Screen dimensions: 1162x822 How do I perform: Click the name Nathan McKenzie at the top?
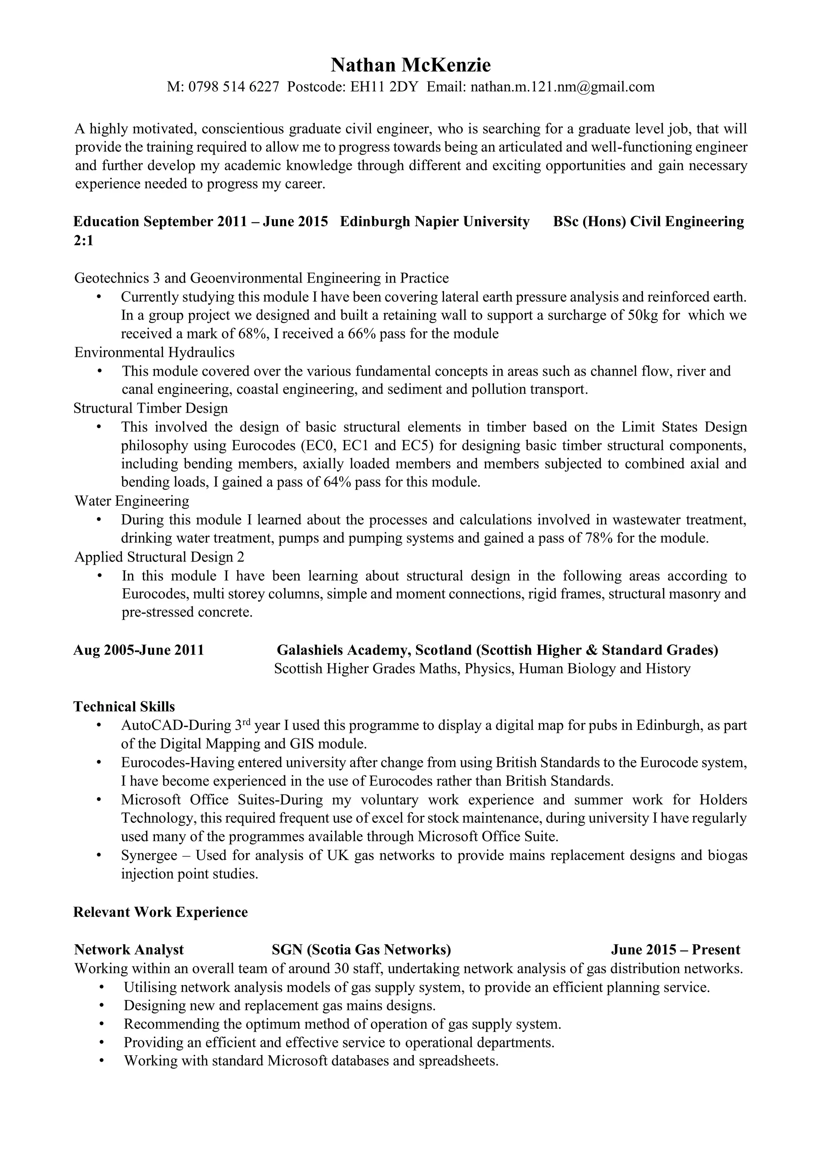click(x=411, y=65)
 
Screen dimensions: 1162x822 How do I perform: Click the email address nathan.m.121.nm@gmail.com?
click(x=562, y=87)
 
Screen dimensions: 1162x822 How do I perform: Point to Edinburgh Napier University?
click(x=434, y=222)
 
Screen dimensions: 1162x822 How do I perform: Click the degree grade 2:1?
click(x=83, y=240)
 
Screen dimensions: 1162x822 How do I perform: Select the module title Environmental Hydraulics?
click(x=155, y=352)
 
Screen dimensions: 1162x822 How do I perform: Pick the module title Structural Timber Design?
click(x=151, y=408)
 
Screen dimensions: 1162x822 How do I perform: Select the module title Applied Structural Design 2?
click(x=159, y=557)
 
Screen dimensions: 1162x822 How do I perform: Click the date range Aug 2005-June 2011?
click(x=139, y=650)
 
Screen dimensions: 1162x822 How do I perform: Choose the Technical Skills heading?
click(x=124, y=706)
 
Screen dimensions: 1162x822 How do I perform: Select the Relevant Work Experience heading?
click(x=161, y=912)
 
